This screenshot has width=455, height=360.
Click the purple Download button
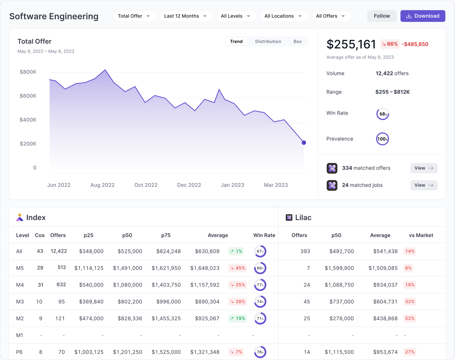click(x=423, y=16)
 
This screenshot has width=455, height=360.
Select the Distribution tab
click(x=268, y=42)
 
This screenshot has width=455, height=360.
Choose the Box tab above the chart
click(x=297, y=42)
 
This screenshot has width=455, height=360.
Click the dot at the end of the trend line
click(x=304, y=143)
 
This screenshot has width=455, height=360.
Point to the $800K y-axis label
click(x=28, y=72)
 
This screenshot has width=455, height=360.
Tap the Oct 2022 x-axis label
click(x=146, y=185)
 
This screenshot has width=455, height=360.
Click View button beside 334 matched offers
click(x=423, y=168)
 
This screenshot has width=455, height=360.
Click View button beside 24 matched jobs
click(x=423, y=185)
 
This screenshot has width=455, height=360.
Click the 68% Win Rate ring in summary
click(x=383, y=114)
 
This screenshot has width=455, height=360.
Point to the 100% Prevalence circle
click(x=382, y=139)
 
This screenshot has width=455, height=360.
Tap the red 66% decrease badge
click(x=390, y=44)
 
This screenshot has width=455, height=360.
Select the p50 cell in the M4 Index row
click(x=127, y=285)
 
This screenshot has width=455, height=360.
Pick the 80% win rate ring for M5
click(x=260, y=268)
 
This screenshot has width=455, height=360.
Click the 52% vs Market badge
click(x=409, y=318)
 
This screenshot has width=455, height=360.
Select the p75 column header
click(x=166, y=235)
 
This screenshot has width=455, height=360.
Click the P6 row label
click(x=19, y=352)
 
